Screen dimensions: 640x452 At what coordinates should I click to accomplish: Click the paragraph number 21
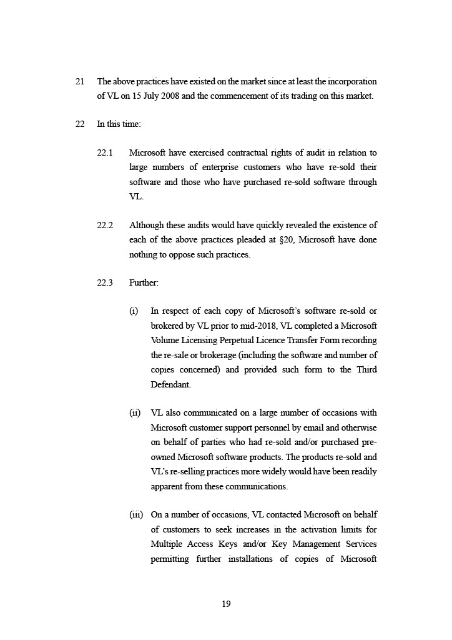80,82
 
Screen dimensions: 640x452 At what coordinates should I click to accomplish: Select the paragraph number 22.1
105,153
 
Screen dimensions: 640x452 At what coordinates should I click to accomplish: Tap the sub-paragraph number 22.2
105,226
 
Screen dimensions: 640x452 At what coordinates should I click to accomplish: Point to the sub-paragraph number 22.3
105,283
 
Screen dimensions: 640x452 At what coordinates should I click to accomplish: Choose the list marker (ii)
134,413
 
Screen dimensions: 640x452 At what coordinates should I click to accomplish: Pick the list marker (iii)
135,515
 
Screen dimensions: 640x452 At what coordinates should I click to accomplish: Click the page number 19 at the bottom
226,604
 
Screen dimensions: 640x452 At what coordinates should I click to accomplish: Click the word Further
144,283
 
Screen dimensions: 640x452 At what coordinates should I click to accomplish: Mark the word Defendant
170,384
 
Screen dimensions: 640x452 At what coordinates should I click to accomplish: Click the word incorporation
354,82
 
